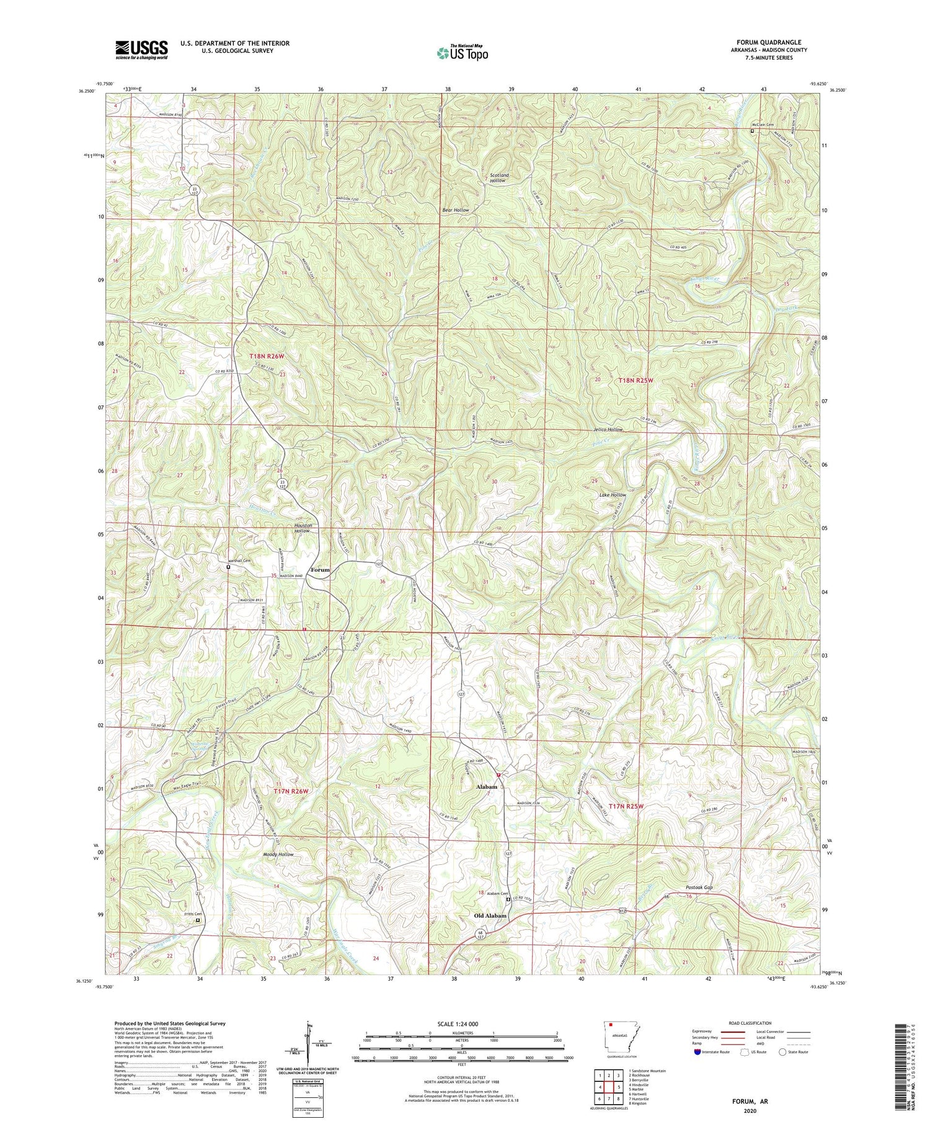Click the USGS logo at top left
[141, 49]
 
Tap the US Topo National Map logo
[462, 53]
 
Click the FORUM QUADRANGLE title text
[768, 43]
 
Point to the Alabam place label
[486, 787]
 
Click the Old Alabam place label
[490, 915]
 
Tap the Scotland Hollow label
[499, 179]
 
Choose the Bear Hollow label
[456, 210]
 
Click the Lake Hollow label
[613, 495]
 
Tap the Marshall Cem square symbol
[228, 567]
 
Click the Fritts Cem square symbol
[198, 921]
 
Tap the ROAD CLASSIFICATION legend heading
[750, 1024]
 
